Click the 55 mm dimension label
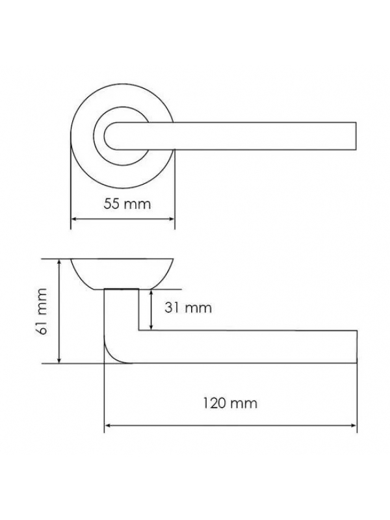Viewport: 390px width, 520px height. pyautogui.click(x=127, y=203)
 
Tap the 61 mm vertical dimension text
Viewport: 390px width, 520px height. pyautogui.click(x=42, y=311)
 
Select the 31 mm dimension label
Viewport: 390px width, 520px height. pyautogui.click(x=188, y=307)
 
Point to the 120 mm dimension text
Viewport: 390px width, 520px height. pyautogui.click(x=230, y=403)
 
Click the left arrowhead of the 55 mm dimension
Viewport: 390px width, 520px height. pyautogui.click(x=73, y=219)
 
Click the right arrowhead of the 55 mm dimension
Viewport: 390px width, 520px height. pyautogui.click(x=172, y=219)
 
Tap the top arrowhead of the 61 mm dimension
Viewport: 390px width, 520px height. pyautogui.click(x=59, y=262)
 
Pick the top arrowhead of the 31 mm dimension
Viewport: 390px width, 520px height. pyautogui.click(x=151, y=292)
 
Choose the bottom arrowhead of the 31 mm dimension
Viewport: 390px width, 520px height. pyautogui.click(x=151, y=328)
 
